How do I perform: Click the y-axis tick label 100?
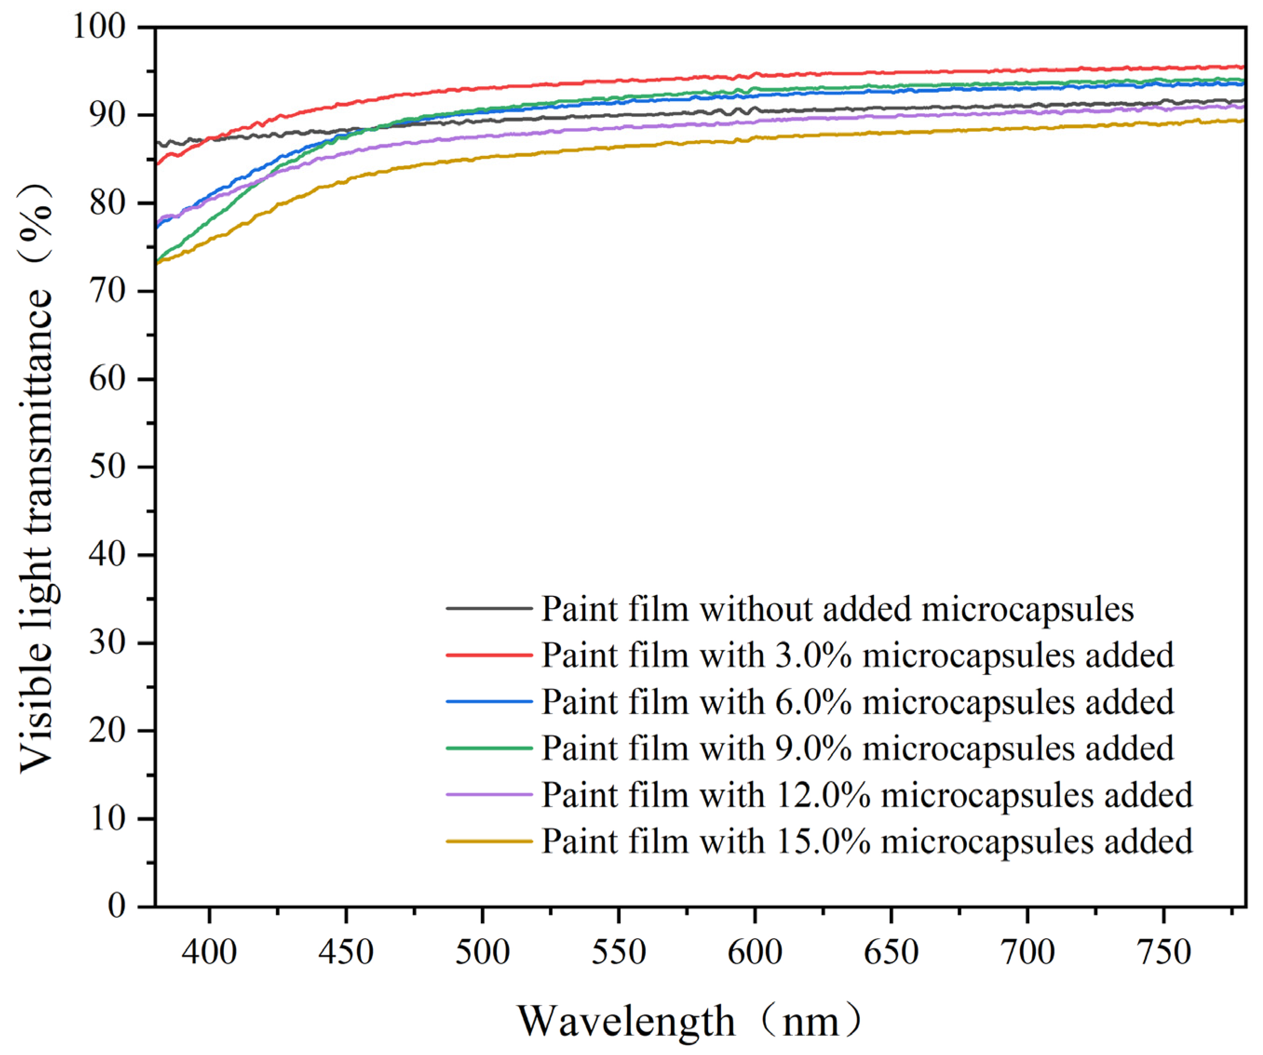(x=99, y=27)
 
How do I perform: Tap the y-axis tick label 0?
(x=117, y=906)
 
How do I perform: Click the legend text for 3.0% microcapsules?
(x=858, y=655)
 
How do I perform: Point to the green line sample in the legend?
(x=489, y=748)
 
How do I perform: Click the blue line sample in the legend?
(x=489, y=701)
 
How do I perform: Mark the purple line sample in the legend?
(x=489, y=795)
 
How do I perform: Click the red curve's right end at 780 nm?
(x=1243, y=67)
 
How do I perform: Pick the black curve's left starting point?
(x=157, y=142)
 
